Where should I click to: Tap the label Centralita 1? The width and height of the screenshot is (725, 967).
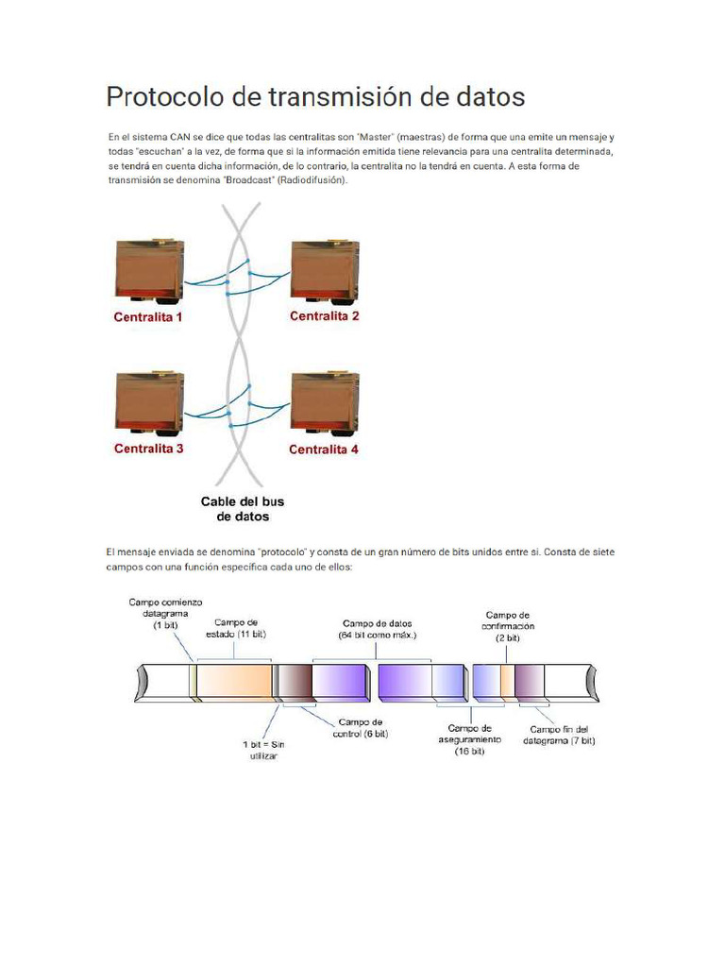pyautogui.click(x=148, y=317)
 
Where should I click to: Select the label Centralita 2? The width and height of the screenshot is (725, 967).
pyautogui.click(x=324, y=316)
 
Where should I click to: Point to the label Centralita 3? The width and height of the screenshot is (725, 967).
pyautogui.click(x=148, y=449)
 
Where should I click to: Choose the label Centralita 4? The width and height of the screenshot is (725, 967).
pyautogui.click(x=324, y=450)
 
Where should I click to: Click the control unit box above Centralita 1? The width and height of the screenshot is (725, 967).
pyautogui.click(x=149, y=272)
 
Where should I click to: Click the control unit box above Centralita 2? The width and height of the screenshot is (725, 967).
pyautogui.click(x=325, y=272)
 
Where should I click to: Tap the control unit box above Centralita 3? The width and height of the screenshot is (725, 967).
pyautogui.click(x=149, y=404)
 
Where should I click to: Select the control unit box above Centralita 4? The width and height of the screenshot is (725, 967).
pyautogui.click(x=325, y=404)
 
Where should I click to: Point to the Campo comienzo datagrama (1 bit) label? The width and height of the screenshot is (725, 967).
pyautogui.click(x=165, y=613)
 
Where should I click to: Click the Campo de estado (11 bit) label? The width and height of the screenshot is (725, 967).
pyautogui.click(x=237, y=628)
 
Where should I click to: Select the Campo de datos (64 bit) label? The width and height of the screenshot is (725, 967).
pyautogui.click(x=378, y=629)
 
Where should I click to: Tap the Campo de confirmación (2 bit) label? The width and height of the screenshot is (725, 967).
pyautogui.click(x=508, y=625)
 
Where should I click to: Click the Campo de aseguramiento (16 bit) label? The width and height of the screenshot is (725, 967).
pyautogui.click(x=469, y=739)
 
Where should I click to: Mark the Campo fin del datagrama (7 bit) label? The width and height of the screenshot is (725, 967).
pyautogui.click(x=559, y=735)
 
